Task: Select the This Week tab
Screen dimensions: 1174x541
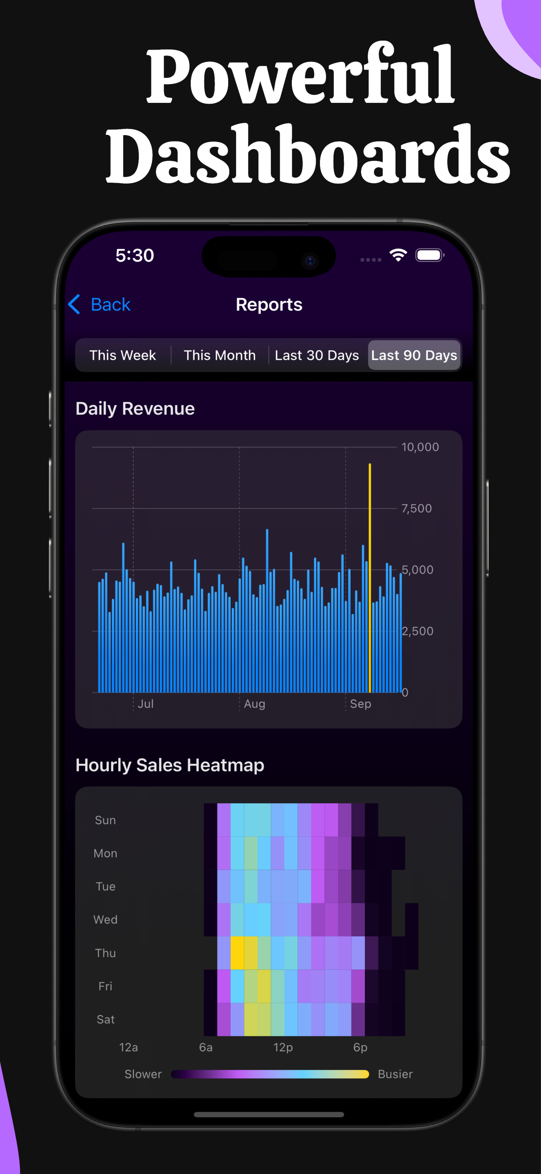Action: [x=122, y=355]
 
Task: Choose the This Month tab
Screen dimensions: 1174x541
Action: [x=219, y=355]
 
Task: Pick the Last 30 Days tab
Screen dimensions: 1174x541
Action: [x=317, y=355]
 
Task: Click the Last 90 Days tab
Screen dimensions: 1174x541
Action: [x=414, y=355]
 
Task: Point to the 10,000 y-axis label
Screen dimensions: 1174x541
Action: [x=420, y=447]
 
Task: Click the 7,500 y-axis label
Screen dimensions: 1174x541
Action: [x=416, y=508]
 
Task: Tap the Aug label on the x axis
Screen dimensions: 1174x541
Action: [x=254, y=704]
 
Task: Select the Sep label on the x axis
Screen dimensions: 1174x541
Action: [x=360, y=704]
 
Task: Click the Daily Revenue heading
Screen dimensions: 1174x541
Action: [x=135, y=409]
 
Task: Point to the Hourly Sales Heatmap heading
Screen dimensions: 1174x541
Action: [x=169, y=765]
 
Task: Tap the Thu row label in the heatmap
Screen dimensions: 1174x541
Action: [x=105, y=953]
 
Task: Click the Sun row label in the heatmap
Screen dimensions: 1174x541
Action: [x=105, y=820]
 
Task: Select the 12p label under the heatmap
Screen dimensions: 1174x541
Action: [x=283, y=1047]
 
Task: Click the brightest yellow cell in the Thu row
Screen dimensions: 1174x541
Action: [x=237, y=953]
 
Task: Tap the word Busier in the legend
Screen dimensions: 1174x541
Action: [x=395, y=1074]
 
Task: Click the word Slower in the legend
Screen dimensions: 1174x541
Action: [x=143, y=1074]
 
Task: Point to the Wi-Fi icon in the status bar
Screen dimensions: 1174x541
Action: [x=398, y=255]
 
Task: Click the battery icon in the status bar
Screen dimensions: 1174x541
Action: [x=429, y=255]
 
